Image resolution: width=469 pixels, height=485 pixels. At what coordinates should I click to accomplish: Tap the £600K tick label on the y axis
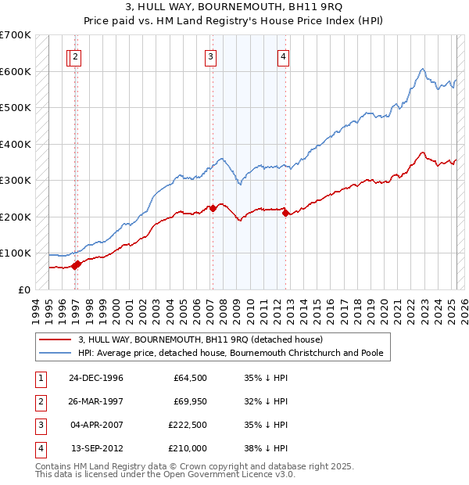click(15, 71)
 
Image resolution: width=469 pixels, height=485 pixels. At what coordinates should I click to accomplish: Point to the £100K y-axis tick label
click(15, 253)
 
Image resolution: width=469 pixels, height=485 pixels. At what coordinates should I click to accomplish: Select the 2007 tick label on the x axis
click(212, 305)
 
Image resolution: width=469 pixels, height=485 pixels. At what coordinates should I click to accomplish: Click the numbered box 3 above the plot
click(211, 56)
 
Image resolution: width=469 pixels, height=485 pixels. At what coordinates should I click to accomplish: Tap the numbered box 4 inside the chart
click(283, 56)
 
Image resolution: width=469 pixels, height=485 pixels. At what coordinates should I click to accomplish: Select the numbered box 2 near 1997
click(75, 56)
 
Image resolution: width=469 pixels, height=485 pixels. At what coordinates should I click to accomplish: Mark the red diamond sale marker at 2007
click(213, 208)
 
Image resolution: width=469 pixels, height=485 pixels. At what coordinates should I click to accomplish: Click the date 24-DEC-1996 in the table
click(96, 378)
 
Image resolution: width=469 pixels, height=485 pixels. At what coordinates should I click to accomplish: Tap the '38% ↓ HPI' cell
click(266, 448)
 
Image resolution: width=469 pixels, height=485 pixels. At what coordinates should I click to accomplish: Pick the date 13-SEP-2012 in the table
click(96, 448)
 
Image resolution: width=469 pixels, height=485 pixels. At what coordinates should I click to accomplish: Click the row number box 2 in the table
click(40, 401)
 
